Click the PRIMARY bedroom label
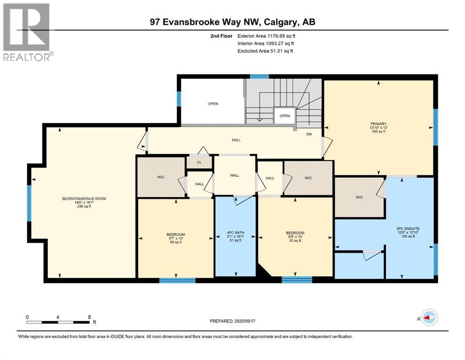[378, 128]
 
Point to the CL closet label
[199, 162]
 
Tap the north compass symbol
[428, 317]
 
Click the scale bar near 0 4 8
[58, 322]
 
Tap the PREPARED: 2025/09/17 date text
[235, 321]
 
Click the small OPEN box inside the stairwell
[285, 116]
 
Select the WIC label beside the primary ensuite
[359, 197]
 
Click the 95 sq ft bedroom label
[176, 239]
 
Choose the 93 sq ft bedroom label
[295, 237]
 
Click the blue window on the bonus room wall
[29, 202]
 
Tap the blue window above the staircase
[256, 76]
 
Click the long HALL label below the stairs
[236, 140]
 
